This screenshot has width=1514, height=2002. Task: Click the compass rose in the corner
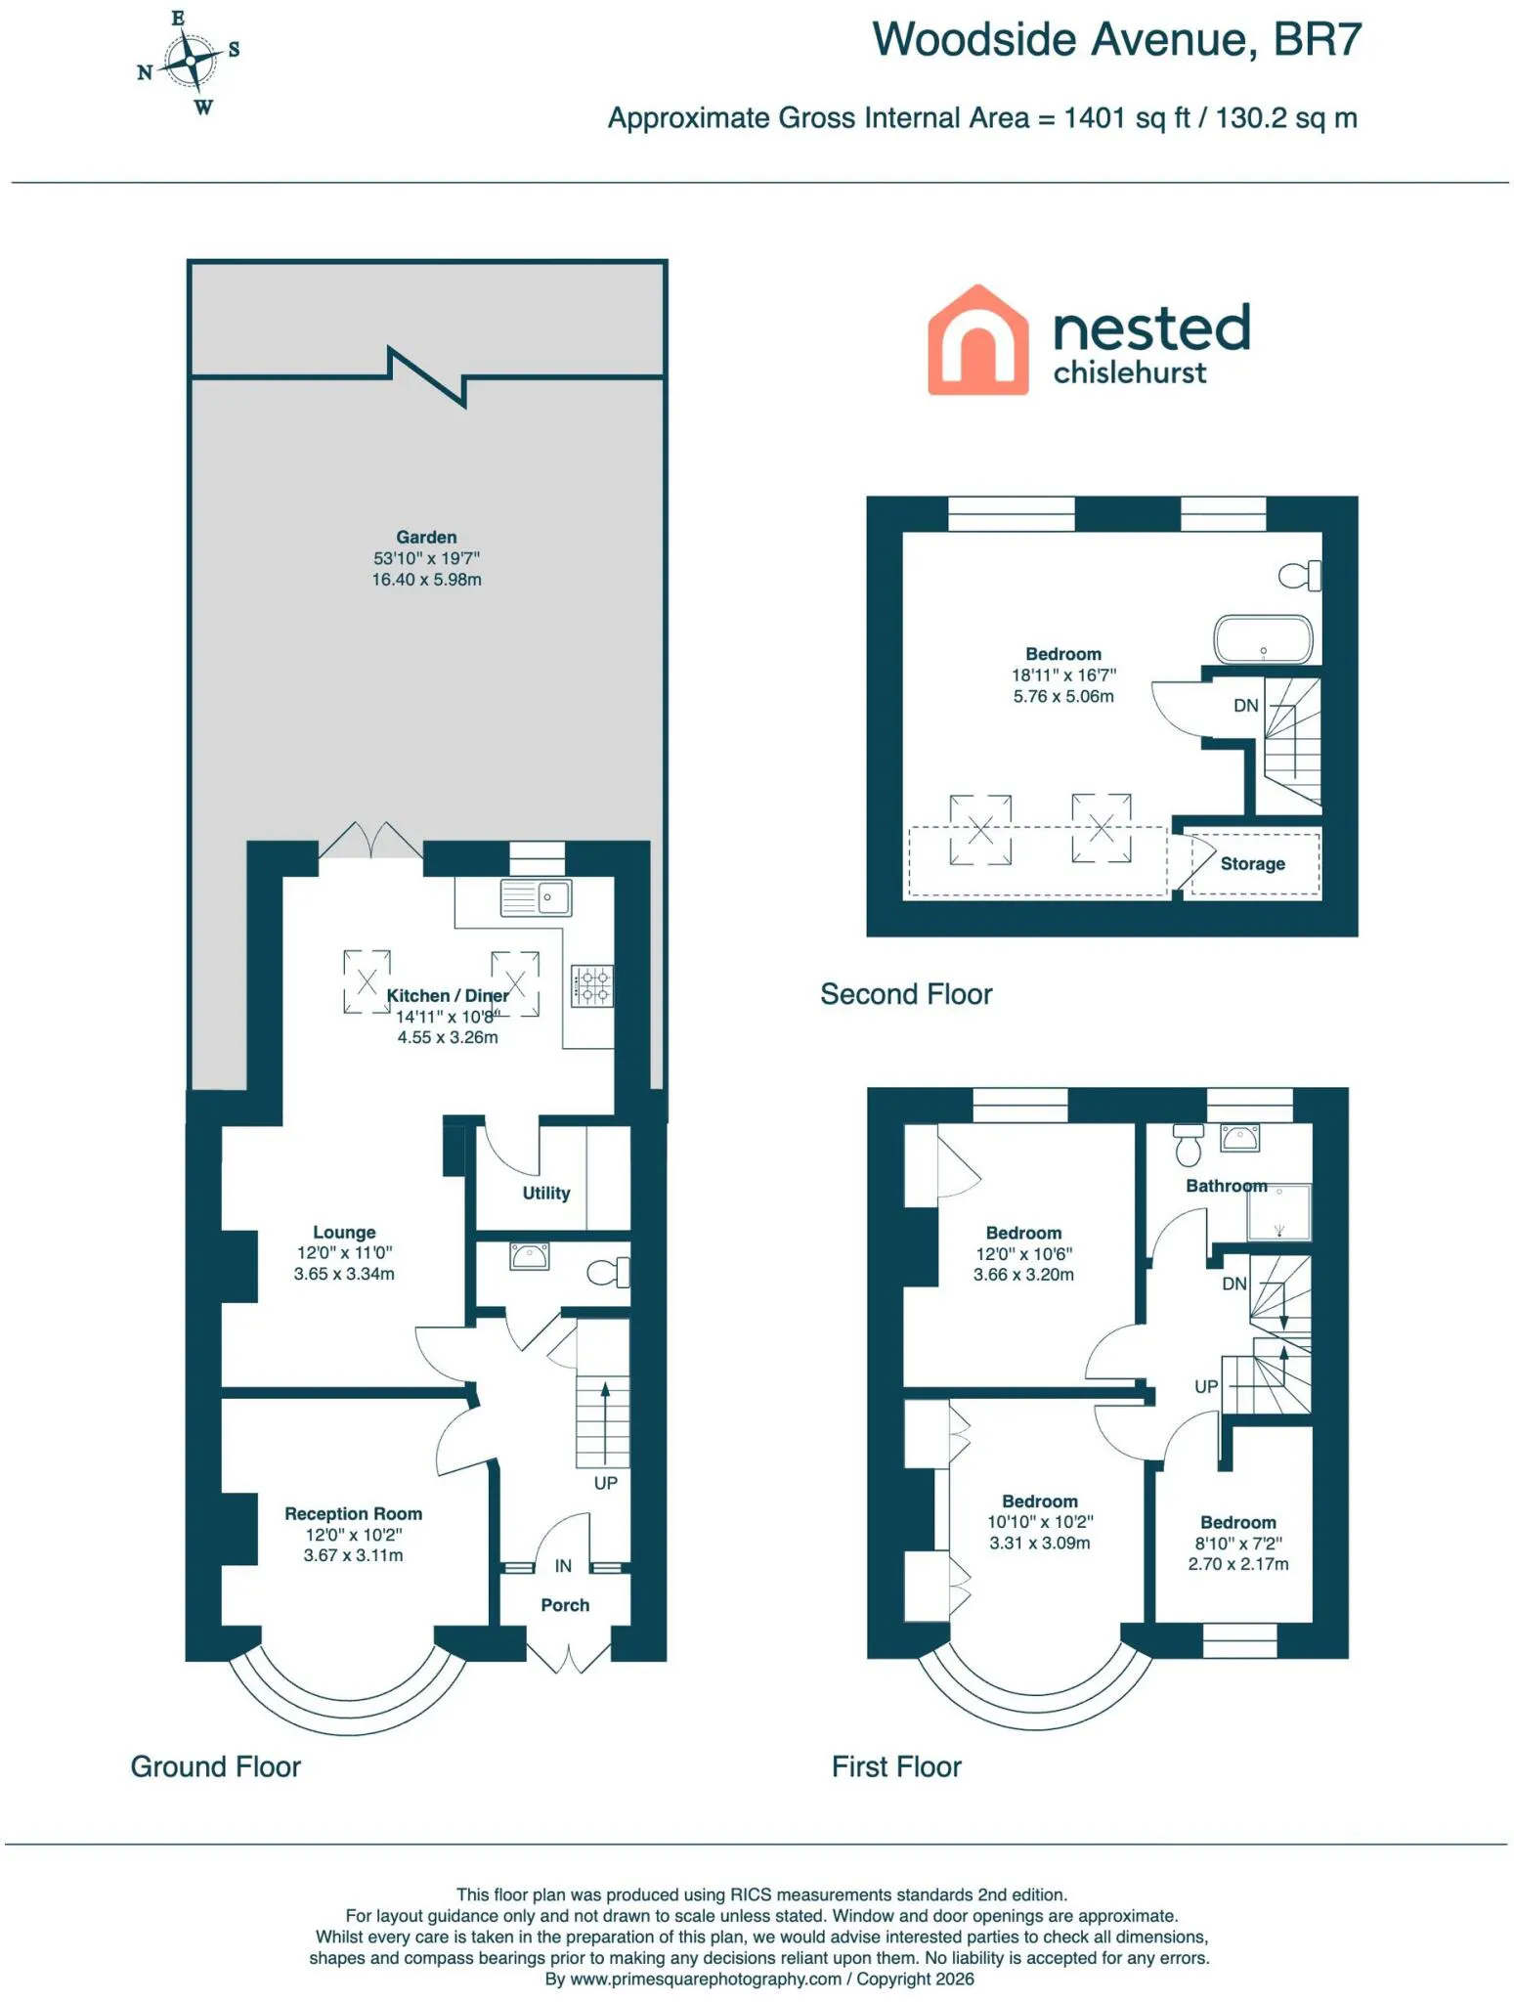(x=189, y=63)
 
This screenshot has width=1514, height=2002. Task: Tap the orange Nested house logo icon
(x=977, y=340)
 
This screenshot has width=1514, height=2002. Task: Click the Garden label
(x=426, y=537)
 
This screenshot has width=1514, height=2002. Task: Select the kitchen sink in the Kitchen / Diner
(x=536, y=897)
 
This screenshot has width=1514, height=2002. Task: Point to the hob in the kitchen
(x=592, y=985)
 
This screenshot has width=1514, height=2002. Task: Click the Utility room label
(x=545, y=1193)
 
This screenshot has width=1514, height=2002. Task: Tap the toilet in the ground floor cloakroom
(x=608, y=1273)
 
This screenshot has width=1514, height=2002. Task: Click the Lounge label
(x=344, y=1232)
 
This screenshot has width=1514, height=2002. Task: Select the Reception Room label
(x=353, y=1513)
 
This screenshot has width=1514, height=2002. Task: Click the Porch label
(x=565, y=1605)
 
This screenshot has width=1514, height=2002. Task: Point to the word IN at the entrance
(x=563, y=1566)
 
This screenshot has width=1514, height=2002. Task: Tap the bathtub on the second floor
(x=1263, y=639)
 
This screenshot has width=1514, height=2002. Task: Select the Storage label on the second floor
(x=1252, y=864)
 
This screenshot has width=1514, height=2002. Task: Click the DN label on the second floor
(x=1245, y=706)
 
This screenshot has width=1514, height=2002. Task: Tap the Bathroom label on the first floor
(x=1226, y=1186)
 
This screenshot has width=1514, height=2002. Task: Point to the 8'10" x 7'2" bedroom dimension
(x=1238, y=1544)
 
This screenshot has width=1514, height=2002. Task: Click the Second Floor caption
(x=906, y=994)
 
